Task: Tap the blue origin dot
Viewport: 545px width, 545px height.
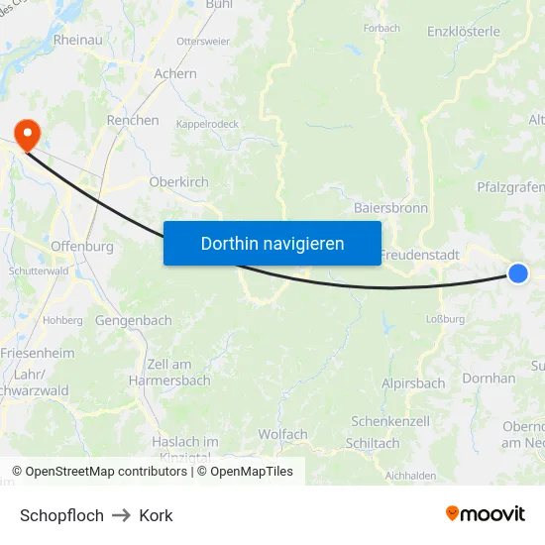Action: coord(517,272)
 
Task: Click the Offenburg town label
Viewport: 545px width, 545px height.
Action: coord(81,247)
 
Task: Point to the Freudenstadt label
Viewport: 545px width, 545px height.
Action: coord(421,255)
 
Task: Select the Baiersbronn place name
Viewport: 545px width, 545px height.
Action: coord(390,209)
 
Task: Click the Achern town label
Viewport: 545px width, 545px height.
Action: coord(175,73)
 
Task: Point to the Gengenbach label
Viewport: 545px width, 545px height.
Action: coord(133,321)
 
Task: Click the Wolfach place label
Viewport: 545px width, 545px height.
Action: coord(282,434)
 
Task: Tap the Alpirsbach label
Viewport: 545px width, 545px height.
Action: coord(413,383)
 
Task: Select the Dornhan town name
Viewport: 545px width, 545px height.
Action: coord(489,379)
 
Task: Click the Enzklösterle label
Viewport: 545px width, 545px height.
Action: coord(463,32)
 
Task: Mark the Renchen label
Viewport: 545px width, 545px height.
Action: coord(133,120)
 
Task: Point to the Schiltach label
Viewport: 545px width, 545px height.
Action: coord(374,443)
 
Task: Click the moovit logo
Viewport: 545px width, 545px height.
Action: coord(486,514)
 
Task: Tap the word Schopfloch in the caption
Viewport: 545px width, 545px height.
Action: coord(61,515)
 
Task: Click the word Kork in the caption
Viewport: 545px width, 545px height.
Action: coord(156,515)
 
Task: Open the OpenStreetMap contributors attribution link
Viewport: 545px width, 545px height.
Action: coord(106,472)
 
